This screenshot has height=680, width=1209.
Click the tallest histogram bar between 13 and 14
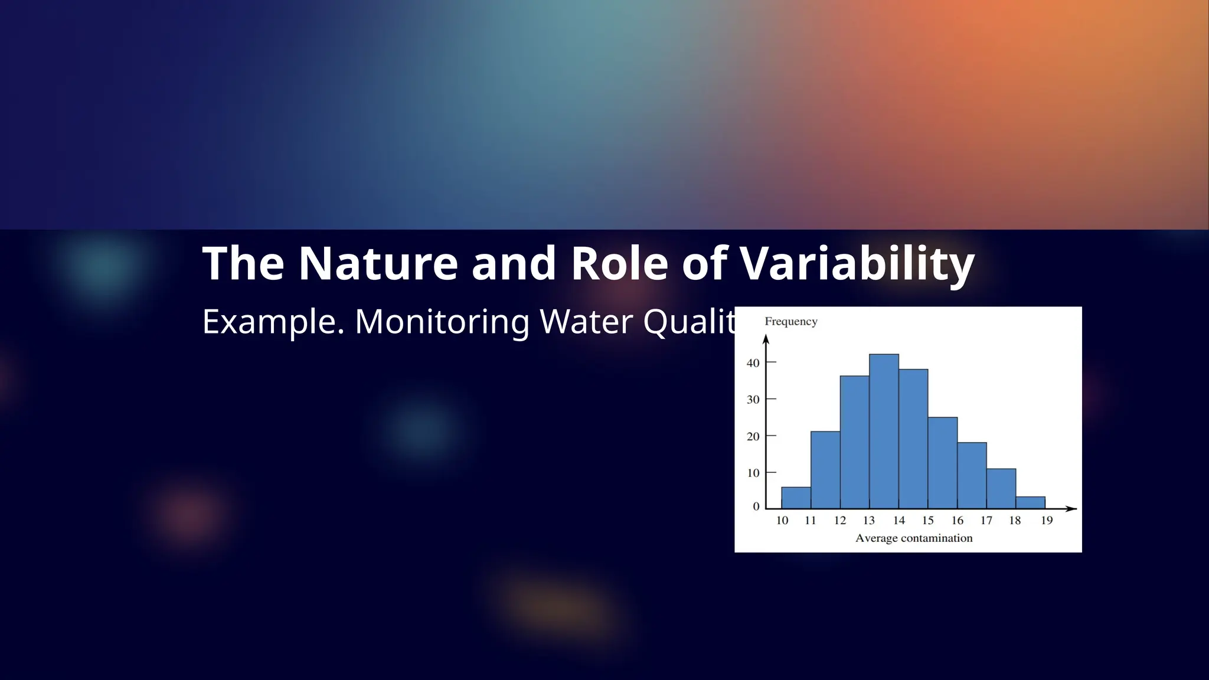pyautogui.click(x=884, y=431)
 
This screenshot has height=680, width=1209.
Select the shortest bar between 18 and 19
pyautogui.click(x=1030, y=502)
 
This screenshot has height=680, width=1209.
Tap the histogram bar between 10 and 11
pyautogui.click(x=796, y=498)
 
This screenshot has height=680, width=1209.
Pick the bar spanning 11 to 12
pyautogui.click(x=825, y=470)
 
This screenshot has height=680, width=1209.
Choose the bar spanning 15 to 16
pyautogui.click(x=942, y=463)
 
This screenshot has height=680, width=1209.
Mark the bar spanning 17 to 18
pyautogui.click(x=1001, y=489)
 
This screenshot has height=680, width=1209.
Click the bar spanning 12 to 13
pyautogui.click(x=854, y=442)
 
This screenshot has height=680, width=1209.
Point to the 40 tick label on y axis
pyautogui.click(x=753, y=363)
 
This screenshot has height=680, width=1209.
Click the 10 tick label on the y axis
pyautogui.click(x=753, y=473)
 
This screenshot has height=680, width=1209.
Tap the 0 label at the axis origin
pyautogui.click(x=756, y=506)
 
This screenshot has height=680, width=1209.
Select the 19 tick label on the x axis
pyautogui.click(x=1046, y=521)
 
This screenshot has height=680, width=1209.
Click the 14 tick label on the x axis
pyautogui.click(x=898, y=521)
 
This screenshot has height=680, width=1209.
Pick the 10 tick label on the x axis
pyautogui.click(x=782, y=521)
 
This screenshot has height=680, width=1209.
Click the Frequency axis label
pyautogui.click(x=790, y=322)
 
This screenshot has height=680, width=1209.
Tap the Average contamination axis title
pyautogui.click(x=913, y=538)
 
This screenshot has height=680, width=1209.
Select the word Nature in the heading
pyautogui.click(x=378, y=263)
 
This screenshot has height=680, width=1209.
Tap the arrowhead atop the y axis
pyautogui.click(x=766, y=339)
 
